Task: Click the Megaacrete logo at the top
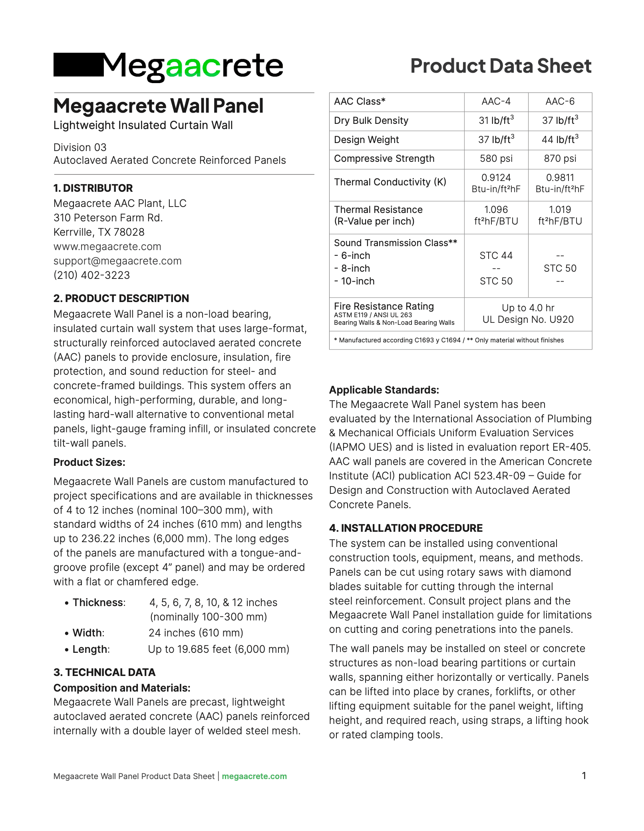click(168, 66)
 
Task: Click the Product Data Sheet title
click(501, 66)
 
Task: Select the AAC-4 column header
click(496, 101)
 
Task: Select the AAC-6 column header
click(560, 101)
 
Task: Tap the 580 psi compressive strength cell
click(496, 159)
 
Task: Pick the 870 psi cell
click(560, 159)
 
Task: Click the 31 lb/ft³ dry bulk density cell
click(496, 121)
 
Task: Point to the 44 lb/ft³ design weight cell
click(560, 140)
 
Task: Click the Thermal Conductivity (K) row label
click(390, 182)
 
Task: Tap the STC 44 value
click(496, 256)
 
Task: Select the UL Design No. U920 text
click(528, 320)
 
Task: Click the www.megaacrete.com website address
click(107, 247)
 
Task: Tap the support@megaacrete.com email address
click(117, 261)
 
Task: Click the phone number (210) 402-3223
click(92, 275)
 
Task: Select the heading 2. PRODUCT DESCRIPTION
click(121, 298)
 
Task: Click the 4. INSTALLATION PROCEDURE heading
click(405, 528)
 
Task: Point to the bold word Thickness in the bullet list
click(98, 602)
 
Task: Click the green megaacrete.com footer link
click(254, 776)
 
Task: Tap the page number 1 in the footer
click(584, 776)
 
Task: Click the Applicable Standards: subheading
click(384, 390)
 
